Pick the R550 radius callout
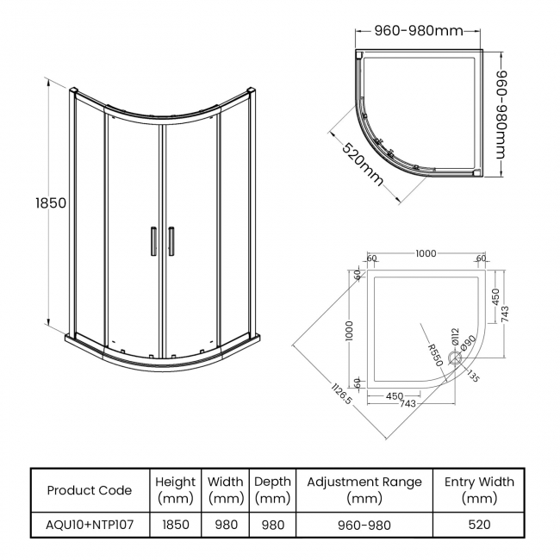pyautogui.click(x=434, y=354)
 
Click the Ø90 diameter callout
pyautogui.click(x=468, y=343)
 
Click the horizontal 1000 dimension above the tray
pyautogui.click(x=426, y=254)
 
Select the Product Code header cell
pyautogui.click(x=90, y=490)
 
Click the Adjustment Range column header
pyautogui.click(x=364, y=490)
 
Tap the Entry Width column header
pyautogui.click(x=479, y=490)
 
